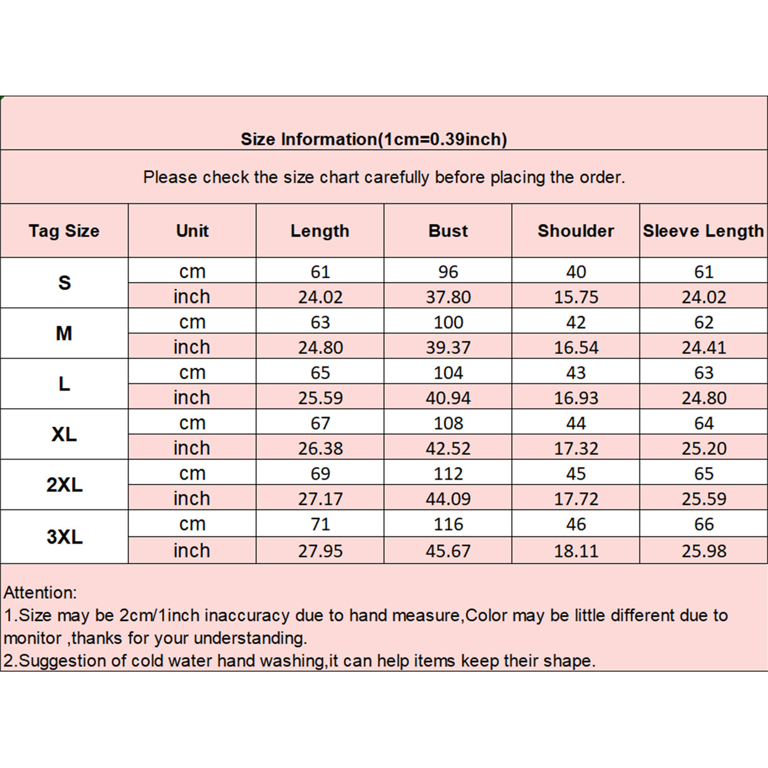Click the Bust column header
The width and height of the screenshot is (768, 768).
tap(448, 231)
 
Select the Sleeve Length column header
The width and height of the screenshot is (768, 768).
tap(703, 231)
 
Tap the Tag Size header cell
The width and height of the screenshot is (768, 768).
tap(64, 231)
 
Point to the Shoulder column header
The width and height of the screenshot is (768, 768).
tap(576, 231)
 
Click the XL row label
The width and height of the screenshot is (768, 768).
tap(64, 434)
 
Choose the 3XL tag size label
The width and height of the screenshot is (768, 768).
tap(64, 537)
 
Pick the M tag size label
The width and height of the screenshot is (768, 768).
tap(64, 333)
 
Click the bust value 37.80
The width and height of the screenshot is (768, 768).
tap(448, 297)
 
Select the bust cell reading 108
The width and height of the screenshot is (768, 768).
tap(448, 423)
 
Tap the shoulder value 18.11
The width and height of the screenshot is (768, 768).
tap(576, 551)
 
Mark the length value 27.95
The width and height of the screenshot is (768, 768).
tap(320, 551)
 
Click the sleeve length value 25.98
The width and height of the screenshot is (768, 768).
tap(704, 551)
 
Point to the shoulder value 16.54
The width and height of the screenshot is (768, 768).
tap(576, 348)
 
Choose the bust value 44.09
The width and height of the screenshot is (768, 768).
tap(448, 499)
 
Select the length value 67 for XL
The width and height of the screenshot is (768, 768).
tap(320, 423)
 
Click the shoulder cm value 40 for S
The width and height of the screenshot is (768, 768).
tap(576, 272)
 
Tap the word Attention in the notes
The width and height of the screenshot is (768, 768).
tap(39, 593)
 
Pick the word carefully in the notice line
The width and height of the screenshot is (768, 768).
tap(396, 178)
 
